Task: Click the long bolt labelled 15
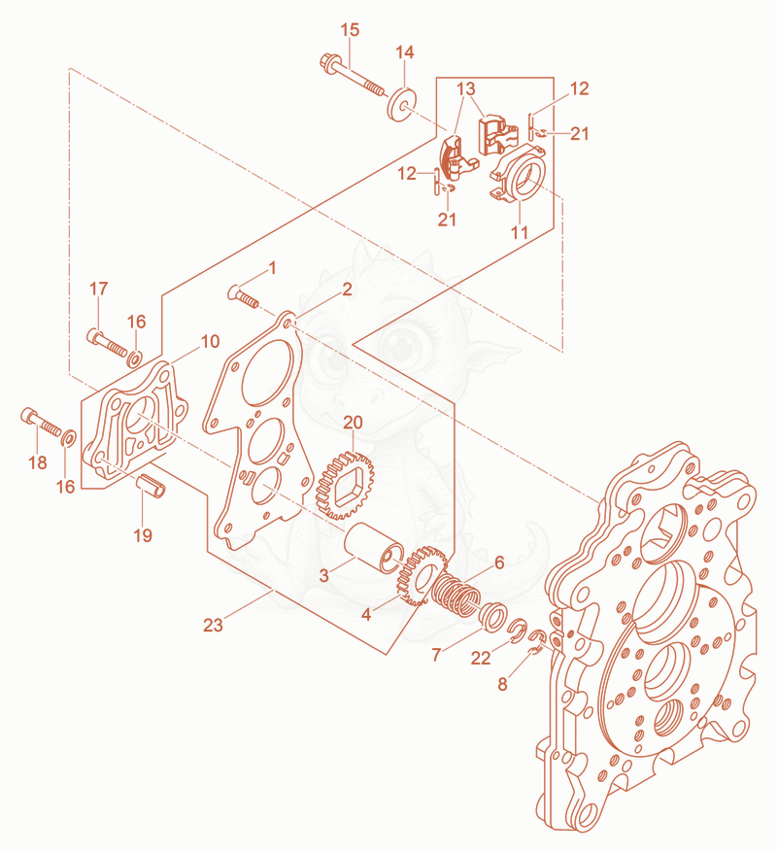click(352, 75)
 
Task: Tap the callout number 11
click(520, 232)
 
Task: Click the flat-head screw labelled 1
click(243, 296)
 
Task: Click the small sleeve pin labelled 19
click(151, 485)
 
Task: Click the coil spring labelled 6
click(456, 596)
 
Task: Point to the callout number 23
click(213, 625)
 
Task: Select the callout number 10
click(211, 342)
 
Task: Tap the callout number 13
click(466, 88)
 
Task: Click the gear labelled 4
click(421, 577)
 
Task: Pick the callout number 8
click(502, 684)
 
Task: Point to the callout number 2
click(347, 289)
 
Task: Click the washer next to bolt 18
click(69, 437)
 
